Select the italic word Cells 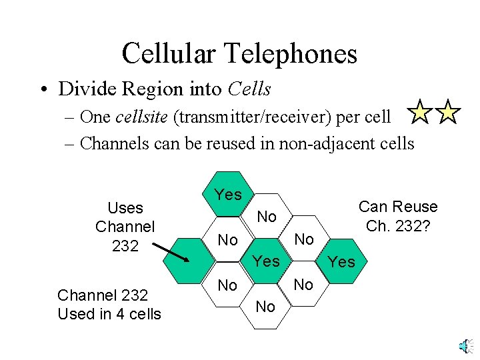[x=249, y=89]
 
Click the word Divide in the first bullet [x=84, y=89]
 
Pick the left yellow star [x=420, y=113]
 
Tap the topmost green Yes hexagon [x=228, y=195]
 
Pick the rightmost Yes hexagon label [x=342, y=262]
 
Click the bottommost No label [x=265, y=307]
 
